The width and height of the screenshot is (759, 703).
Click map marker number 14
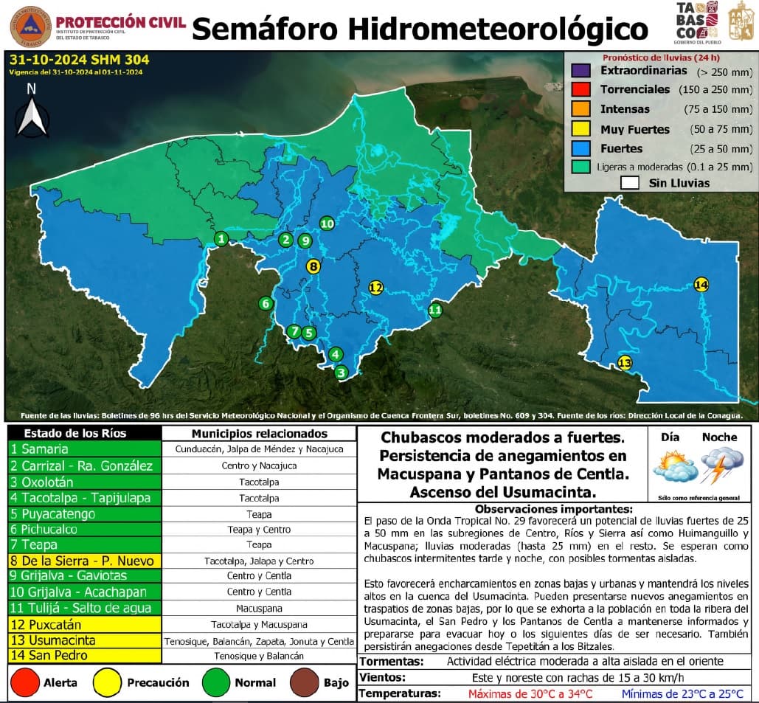(701, 285)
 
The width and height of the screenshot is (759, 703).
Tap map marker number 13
(625, 363)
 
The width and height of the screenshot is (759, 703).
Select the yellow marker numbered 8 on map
(313, 267)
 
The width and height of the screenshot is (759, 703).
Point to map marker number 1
(221, 238)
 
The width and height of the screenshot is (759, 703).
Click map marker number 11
(435, 310)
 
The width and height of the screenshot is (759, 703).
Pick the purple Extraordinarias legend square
(580, 72)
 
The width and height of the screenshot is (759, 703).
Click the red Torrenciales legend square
(580, 90)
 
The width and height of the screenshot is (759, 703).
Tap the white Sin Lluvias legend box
(629, 182)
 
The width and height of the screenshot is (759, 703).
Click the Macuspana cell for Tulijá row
(259, 609)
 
